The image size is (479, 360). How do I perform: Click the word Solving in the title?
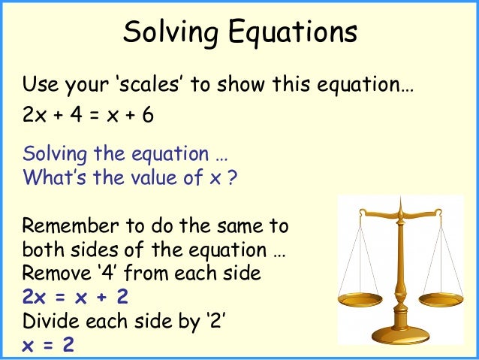pos(166,33)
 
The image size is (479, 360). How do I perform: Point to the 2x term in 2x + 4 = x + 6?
pos(34,118)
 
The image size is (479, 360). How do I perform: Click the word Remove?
pos(52,274)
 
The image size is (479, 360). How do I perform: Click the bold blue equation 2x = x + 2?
pos(75,298)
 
